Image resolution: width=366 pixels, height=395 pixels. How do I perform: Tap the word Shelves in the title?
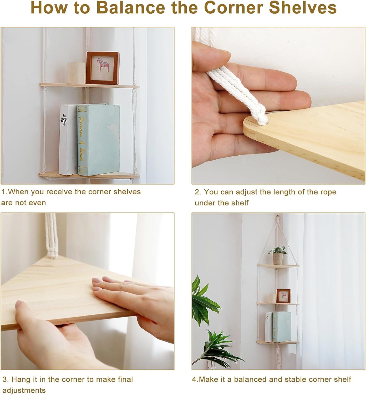(303, 8)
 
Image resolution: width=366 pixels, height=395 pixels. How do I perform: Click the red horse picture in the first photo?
(103, 68)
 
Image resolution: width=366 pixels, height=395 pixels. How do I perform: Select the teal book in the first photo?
(99, 139)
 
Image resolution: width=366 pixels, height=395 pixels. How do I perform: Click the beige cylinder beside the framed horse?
(76, 73)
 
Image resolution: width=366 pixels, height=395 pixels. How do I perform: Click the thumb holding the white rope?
(211, 57)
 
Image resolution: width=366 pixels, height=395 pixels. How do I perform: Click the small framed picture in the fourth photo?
(283, 296)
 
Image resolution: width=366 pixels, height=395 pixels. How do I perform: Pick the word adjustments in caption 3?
(24, 390)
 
